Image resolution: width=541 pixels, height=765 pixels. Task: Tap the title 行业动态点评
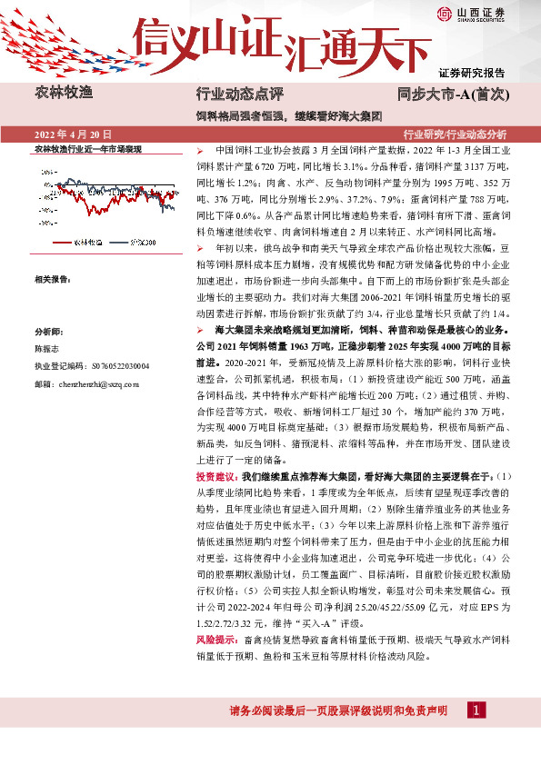[x=240, y=94]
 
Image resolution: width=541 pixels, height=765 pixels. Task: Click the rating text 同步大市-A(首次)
[x=457, y=94]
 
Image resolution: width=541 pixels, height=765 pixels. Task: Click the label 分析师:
[x=47, y=332]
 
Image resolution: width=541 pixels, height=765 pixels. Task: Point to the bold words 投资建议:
[x=217, y=475]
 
